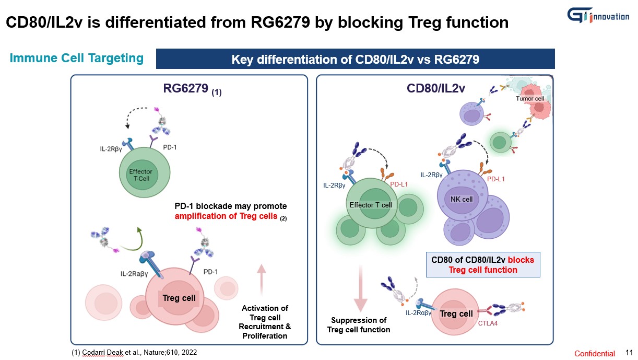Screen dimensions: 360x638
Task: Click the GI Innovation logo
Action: (x=598, y=15)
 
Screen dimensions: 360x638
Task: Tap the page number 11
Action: (x=629, y=353)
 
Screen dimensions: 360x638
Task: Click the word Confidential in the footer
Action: (x=595, y=353)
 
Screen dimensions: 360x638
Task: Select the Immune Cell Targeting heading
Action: (x=76, y=58)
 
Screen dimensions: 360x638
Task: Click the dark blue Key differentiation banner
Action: (x=355, y=59)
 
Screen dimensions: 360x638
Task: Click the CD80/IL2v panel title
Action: (x=435, y=89)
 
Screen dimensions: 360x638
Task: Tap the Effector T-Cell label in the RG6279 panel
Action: (x=140, y=175)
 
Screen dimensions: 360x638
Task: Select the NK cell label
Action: (x=458, y=199)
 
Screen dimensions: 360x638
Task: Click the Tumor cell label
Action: (x=529, y=98)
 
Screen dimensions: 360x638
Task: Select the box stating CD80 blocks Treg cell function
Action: (x=483, y=265)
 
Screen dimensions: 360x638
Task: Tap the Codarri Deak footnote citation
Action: (x=135, y=353)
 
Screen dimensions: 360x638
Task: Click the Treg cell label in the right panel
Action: (x=456, y=314)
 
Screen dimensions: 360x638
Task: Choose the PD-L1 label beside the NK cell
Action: (x=496, y=179)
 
